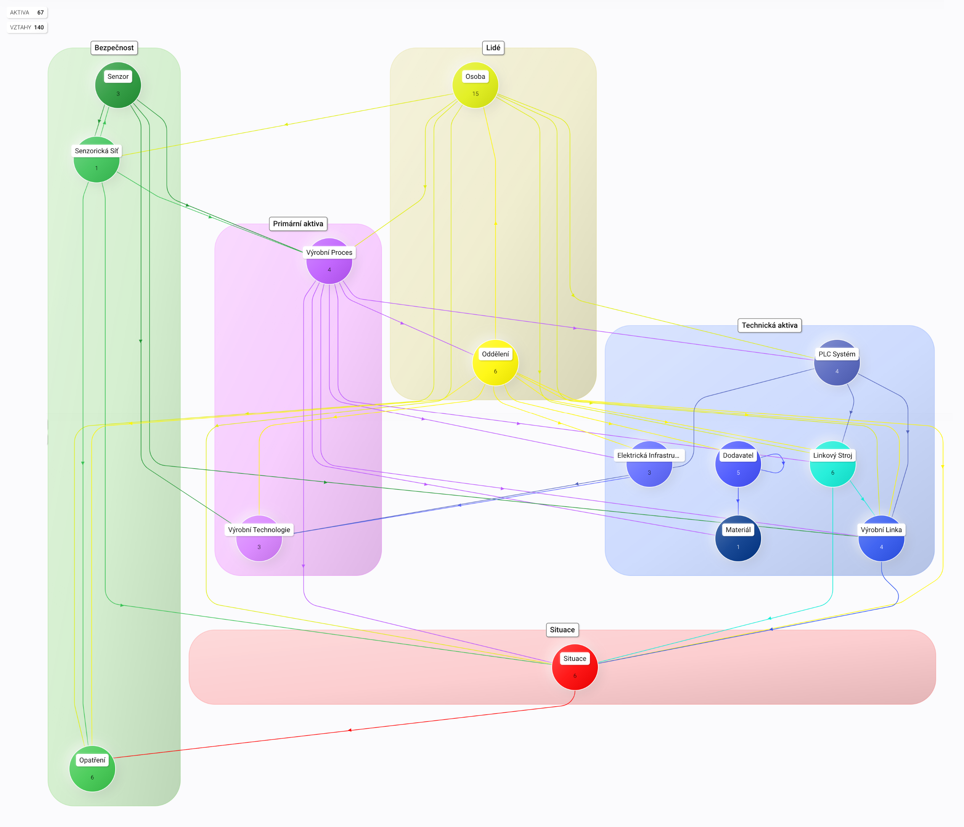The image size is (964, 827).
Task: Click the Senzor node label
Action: tap(118, 77)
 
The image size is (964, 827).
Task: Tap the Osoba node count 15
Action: tap(475, 93)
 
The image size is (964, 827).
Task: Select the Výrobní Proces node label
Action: tap(329, 253)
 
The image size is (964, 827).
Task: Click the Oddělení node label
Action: tap(495, 354)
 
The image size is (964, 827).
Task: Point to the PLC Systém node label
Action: tap(837, 354)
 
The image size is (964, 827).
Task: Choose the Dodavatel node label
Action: tap(738, 456)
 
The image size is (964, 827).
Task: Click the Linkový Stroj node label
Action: tap(832, 456)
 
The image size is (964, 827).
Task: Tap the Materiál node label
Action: tap(738, 530)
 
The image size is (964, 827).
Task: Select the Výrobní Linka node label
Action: tap(881, 530)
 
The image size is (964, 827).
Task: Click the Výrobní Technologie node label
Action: tap(259, 530)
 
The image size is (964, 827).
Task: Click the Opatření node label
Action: tap(92, 760)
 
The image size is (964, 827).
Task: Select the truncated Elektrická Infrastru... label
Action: tap(648, 456)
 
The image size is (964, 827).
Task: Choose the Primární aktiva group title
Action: tap(298, 224)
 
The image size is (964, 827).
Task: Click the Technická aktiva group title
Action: tap(769, 325)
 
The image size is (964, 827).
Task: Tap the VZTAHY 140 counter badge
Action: tap(27, 27)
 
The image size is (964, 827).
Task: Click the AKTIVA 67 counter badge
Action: tap(27, 13)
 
